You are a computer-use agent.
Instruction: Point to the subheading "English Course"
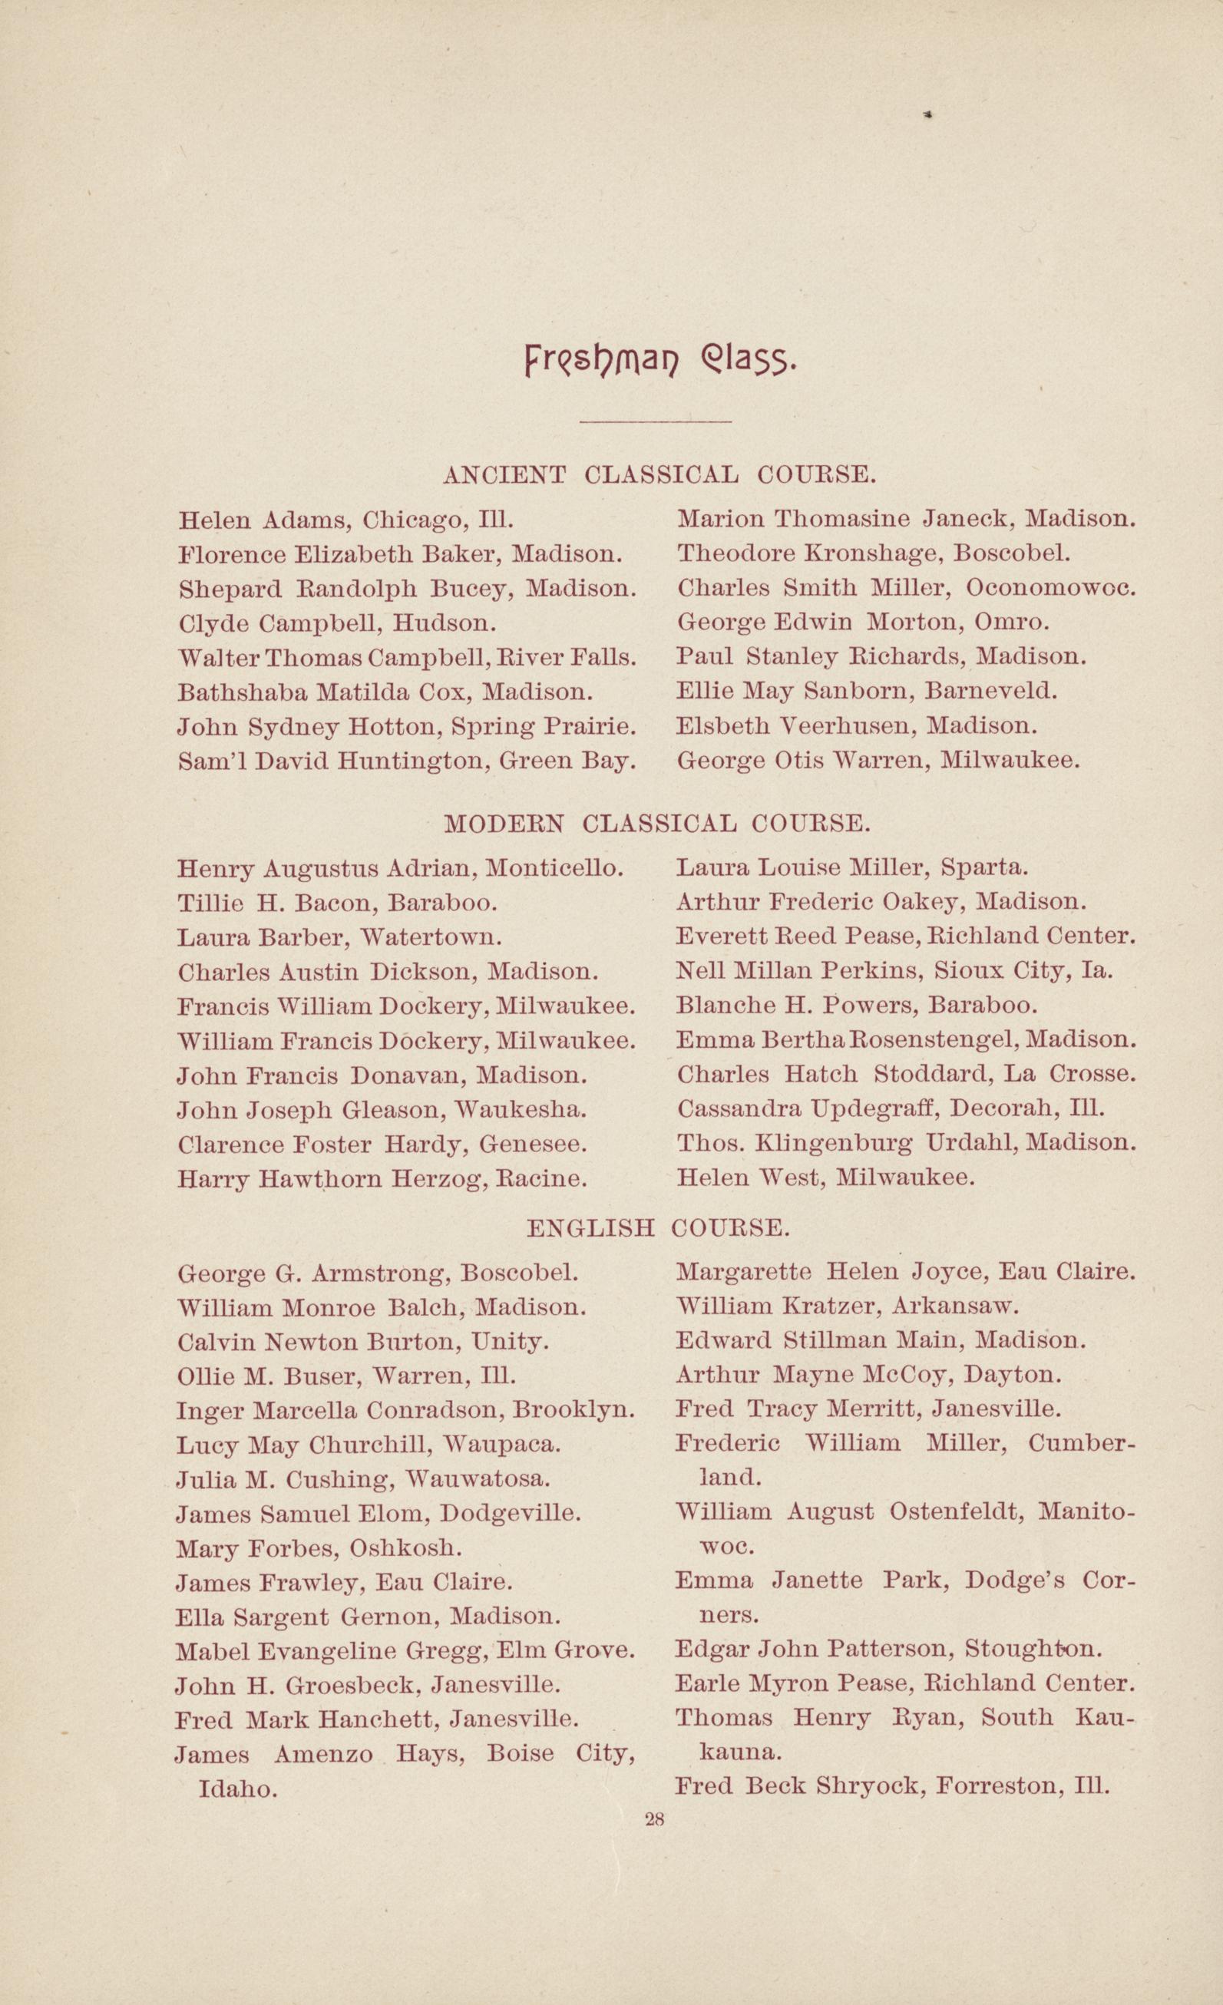[x=657, y=1227]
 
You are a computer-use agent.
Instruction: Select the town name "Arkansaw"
[x=954, y=1306]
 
